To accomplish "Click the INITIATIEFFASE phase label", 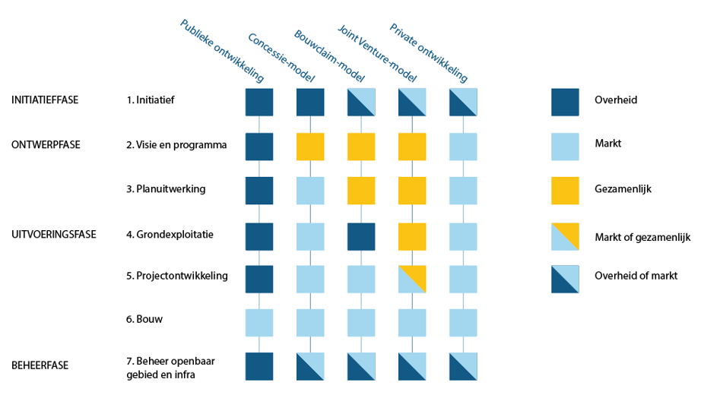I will point(45,100).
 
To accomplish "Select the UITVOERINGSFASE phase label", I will point(53,234).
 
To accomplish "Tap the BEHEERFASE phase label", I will point(40,365).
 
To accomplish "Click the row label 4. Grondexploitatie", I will point(170,234).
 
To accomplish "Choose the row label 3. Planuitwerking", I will point(167,188).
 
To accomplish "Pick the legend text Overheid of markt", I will point(636,276).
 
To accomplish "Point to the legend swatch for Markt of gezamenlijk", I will point(565,237).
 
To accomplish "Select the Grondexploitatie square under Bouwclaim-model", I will point(361,236).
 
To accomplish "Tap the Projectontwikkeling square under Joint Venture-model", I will point(411,279).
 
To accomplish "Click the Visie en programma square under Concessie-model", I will point(310,147).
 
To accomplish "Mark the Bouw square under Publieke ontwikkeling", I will point(259,322).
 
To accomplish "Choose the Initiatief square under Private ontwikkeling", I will point(462,102).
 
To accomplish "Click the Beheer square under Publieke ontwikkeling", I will point(259,365).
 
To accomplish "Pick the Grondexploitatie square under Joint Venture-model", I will point(411,236).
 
